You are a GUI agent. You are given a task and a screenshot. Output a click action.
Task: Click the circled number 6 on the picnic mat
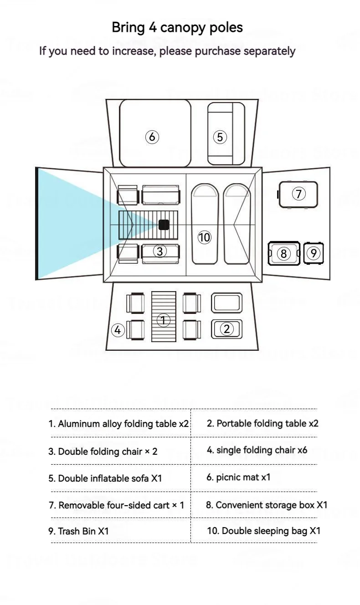(152, 136)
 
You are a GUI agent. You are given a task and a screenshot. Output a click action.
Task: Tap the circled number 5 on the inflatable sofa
(220, 137)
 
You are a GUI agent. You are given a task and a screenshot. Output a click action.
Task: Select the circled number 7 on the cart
(298, 194)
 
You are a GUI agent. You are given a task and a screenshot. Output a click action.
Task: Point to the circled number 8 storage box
(283, 253)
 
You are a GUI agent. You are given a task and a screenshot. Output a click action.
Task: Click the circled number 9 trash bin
(313, 253)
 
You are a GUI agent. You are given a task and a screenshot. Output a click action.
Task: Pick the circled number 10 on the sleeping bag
(205, 237)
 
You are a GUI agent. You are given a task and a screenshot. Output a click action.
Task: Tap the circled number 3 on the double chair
(159, 251)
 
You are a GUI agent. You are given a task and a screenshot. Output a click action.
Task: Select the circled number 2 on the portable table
(226, 328)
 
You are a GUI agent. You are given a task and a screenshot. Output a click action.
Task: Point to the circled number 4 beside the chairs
(118, 330)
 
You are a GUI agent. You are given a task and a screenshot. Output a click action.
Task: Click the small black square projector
(164, 225)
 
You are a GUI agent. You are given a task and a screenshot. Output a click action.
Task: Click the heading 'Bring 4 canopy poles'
(177, 27)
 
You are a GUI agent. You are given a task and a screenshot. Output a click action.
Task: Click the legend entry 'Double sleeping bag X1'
(263, 531)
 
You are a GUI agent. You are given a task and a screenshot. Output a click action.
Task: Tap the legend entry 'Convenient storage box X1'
(267, 505)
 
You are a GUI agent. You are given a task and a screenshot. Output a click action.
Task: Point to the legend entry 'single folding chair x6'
(257, 450)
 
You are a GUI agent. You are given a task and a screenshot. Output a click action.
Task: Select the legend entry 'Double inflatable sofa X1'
(105, 478)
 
